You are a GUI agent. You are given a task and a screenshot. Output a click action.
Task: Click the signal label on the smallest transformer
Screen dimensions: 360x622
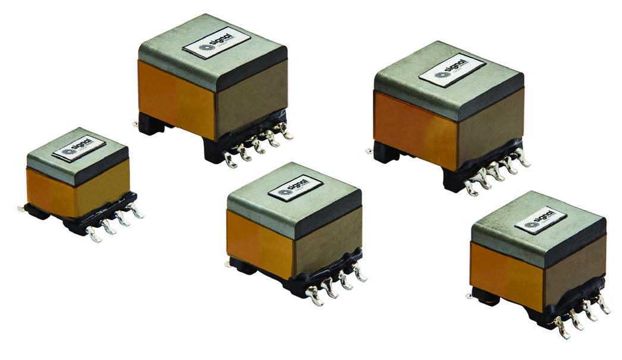(79, 150)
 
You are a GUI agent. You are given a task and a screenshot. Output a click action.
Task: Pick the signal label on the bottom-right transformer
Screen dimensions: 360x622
(540, 220)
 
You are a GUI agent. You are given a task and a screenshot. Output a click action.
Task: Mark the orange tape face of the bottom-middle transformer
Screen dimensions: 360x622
(260, 240)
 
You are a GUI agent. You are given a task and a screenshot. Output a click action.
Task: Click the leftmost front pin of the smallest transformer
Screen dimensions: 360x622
(93, 235)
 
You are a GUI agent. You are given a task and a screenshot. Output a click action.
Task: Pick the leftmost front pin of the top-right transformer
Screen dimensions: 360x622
(471, 189)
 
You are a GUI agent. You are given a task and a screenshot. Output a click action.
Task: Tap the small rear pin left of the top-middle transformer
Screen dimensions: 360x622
(136, 124)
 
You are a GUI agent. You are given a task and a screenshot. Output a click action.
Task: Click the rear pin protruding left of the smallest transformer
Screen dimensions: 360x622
(21, 208)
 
